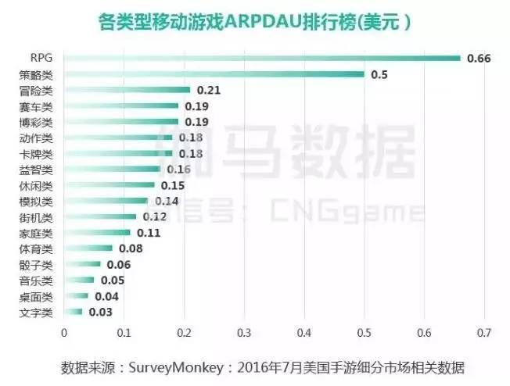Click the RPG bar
click(x=262, y=58)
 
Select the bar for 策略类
click(x=214, y=74)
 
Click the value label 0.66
click(x=478, y=58)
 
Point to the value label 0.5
click(x=379, y=74)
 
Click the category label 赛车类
click(x=36, y=106)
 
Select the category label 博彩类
click(x=36, y=123)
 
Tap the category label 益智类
click(x=36, y=170)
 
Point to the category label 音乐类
click(x=36, y=281)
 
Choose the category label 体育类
click(x=36, y=248)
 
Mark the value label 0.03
click(x=100, y=313)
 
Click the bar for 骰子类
click(x=82, y=264)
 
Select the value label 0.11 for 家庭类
click(x=149, y=233)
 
